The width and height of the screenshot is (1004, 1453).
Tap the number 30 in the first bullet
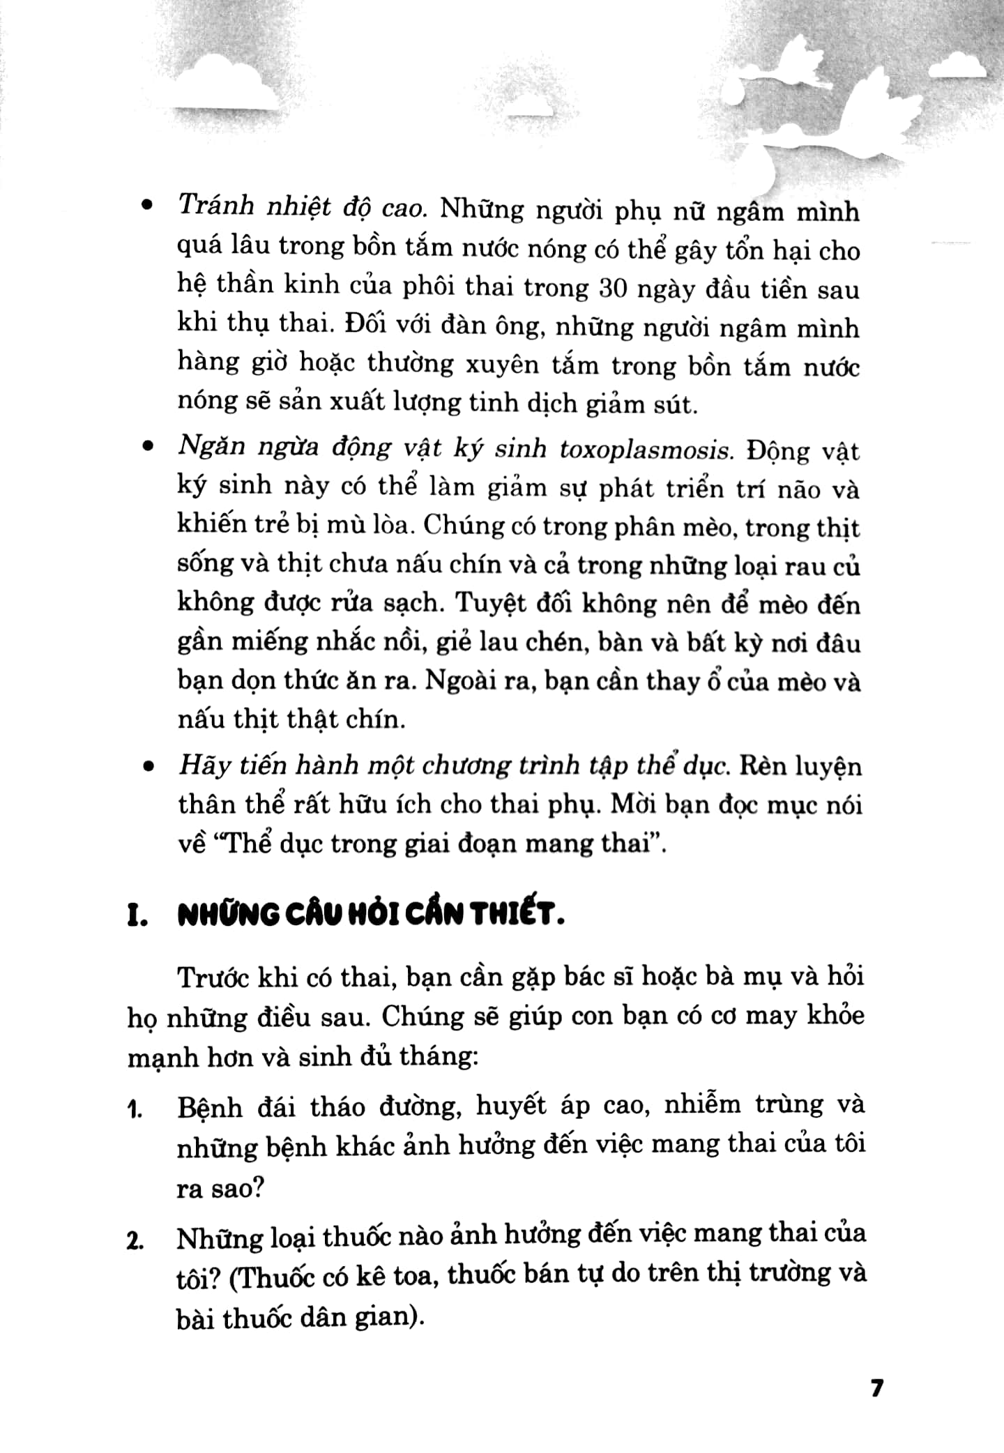click(x=614, y=288)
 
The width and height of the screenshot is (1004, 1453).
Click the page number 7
click(x=876, y=1388)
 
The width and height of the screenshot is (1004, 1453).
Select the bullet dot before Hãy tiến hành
click(x=146, y=766)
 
